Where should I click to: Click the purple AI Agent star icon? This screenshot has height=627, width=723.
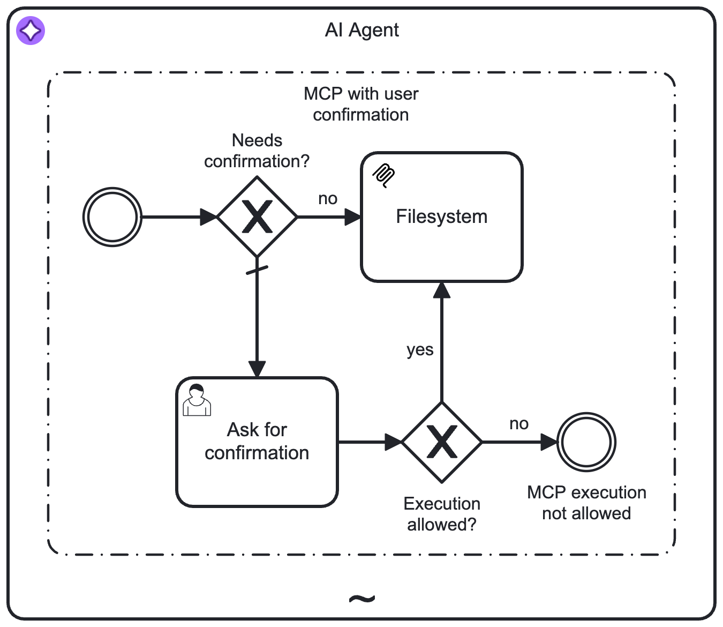click(x=31, y=31)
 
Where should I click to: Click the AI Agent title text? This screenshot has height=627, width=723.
click(x=361, y=30)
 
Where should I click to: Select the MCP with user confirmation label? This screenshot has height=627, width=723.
click(x=361, y=104)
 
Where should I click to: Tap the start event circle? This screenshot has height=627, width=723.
click(x=112, y=217)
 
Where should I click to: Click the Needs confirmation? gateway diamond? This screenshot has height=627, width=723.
click(x=258, y=217)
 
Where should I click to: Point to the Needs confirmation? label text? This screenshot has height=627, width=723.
click(x=257, y=151)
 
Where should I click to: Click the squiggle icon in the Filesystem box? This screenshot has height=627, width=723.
click(x=384, y=176)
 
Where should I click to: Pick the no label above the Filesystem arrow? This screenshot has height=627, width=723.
click(x=328, y=199)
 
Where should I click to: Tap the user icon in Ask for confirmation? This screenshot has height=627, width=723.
click(x=197, y=400)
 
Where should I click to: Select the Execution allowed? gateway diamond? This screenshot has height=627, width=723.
click(x=442, y=442)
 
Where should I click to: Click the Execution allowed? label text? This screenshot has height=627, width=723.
click(x=442, y=514)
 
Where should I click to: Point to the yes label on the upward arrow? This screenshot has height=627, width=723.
click(x=420, y=350)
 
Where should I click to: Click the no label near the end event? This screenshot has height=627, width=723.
click(x=519, y=424)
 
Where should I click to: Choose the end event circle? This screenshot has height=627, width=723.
click(x=586, y=442)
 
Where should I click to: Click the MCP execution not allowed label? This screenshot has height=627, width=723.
click(x=586, y=503)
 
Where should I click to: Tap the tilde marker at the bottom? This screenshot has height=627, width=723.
click(x=362, y=598)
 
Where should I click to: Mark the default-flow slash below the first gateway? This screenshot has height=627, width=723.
click(x=257, y=271)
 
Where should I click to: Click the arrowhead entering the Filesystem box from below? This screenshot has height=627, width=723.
click(x=442, y=290)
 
